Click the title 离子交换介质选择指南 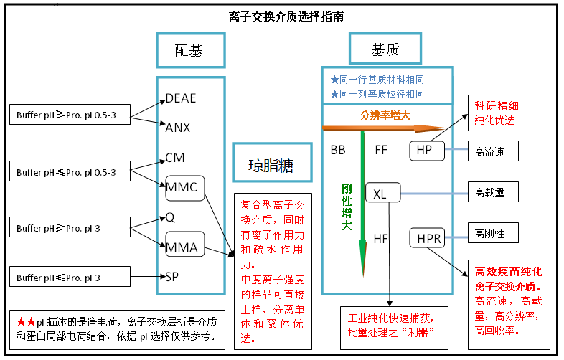click(282, 16)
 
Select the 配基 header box click(190, 50)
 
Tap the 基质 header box click(385, 50)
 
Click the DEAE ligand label click(180, 98)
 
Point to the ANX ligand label click(177, 127)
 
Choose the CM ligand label click(175, 158)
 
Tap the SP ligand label click(172, 276)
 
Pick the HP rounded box click(424, 151)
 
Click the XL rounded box click(380, 194)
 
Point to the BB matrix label click(338, 151)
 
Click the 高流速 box click(500, 151)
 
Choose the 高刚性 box click(500, 234)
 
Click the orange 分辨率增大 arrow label click(385, 115)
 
